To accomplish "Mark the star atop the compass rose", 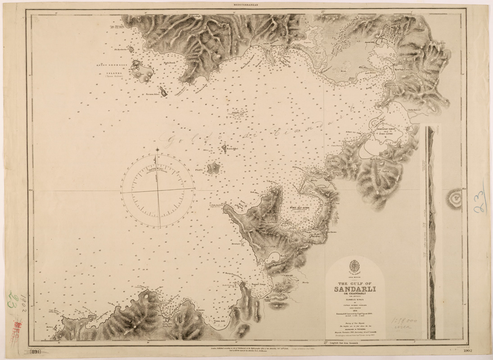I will [157, 150].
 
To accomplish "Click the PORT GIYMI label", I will [385, 134].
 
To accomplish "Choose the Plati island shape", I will [213, 169].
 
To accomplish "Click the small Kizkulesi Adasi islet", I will [164, 92].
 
